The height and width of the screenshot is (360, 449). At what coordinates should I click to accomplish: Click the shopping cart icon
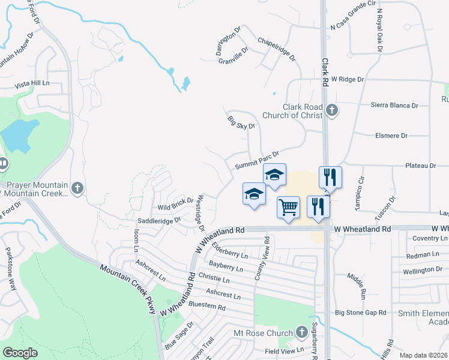[x=288, y=208]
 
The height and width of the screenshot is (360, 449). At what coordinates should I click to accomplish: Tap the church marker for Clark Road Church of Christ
[x=333, y=110]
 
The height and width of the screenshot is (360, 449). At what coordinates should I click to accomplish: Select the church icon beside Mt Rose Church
[x=303, y=332]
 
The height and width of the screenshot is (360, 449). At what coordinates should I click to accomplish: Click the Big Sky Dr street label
[x=241, y=122]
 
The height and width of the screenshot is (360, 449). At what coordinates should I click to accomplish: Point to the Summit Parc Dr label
[x=257, y=160]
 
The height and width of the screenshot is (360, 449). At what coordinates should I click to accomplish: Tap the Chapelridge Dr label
[x=276, y=49]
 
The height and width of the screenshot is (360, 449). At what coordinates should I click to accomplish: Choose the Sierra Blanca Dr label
[x=394, y=106]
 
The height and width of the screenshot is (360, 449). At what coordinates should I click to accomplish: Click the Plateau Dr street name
[x=420, y=166]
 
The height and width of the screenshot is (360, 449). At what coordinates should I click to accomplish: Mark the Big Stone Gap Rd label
[x=360, y=313]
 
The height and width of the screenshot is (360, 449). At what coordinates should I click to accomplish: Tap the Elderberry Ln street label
[x=230, y=253]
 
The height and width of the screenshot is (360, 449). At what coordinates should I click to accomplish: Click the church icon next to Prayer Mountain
[x=77, y=188]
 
